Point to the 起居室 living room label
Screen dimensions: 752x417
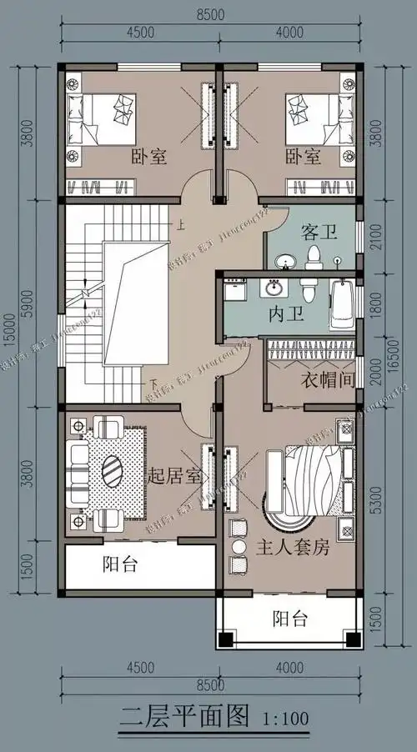173,477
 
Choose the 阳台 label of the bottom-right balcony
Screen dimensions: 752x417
291,618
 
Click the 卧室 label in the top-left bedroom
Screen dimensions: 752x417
150,156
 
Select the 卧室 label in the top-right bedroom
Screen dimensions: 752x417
304,156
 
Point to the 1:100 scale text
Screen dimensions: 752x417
285,717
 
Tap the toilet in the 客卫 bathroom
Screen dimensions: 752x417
315,255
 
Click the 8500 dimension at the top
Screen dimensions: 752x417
212,13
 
